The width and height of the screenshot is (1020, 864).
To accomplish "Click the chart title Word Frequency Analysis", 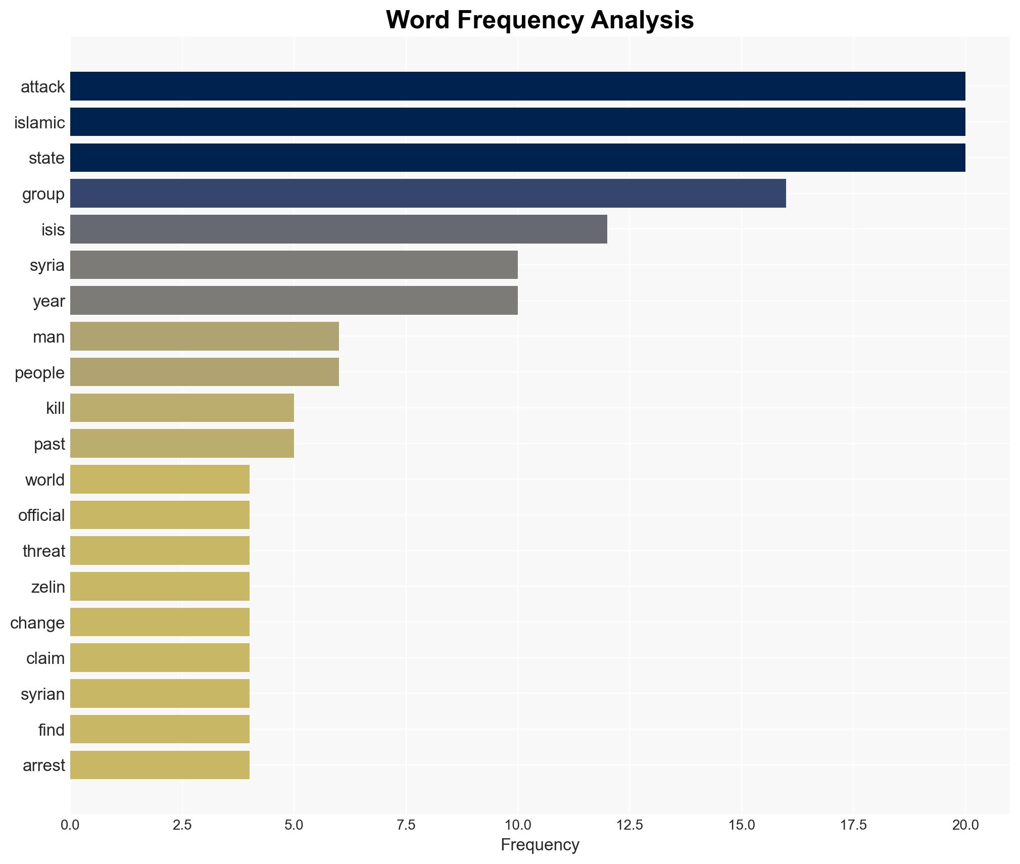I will (x=540, y=20).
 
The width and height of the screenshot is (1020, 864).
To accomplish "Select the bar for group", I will (x=428, y=194).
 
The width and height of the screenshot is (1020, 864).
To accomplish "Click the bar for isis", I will (x=338, y=229).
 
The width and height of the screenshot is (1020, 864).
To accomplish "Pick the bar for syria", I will (x=294, y=265).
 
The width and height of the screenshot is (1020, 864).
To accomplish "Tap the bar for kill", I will (x=182, y=408).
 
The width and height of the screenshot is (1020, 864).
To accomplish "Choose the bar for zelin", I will (x=160, y=587).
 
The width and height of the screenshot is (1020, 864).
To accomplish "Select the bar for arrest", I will (x=160, y=765).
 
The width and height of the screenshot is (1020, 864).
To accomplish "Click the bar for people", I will (x=204, y=372).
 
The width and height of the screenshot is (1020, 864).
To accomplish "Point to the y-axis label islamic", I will (x=39, y=122).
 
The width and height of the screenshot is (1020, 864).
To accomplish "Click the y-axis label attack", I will (x=42, y=87).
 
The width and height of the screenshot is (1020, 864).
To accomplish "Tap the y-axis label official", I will (x=41, y=515).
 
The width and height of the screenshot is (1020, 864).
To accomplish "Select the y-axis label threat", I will (x=44, y=551).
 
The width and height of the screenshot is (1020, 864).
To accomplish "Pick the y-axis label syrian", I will (x=42, y=694).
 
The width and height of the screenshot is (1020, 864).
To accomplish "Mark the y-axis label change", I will (x=37, y=622).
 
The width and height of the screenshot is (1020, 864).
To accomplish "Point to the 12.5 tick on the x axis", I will (x=629, y=825).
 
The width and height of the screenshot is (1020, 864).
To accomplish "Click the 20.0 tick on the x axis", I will (x=965, y=825).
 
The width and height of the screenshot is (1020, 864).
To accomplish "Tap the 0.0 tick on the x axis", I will (x=70, y=825).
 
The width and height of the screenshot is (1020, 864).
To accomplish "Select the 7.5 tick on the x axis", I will (x=406, y=825).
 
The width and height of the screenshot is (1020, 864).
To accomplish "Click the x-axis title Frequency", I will (x=540, y=845).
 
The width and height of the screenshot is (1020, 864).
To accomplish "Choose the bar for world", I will (x=160, y=479).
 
